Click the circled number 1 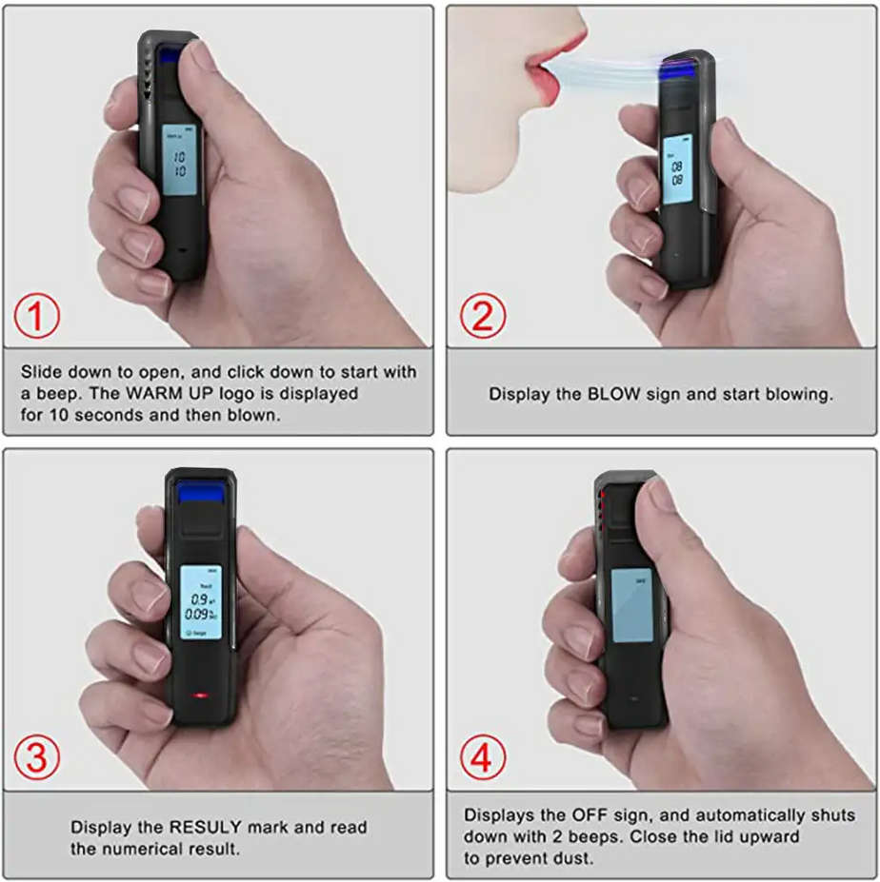(37, 317)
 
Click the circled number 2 (483, 317)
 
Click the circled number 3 (37, 758)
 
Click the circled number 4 (483, 758)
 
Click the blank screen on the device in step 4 (629, 605)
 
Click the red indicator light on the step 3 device (200, 695)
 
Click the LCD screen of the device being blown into (677, 174)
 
